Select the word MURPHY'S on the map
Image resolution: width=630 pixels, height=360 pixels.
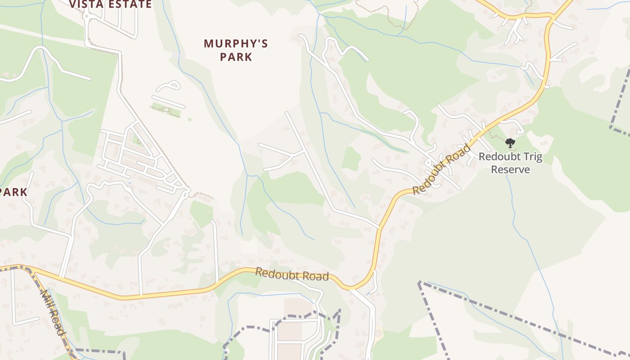pos(236,44)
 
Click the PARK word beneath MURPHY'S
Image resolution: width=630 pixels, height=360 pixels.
pos(236,57)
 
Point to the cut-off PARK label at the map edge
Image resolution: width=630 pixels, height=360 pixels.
pos(13,192)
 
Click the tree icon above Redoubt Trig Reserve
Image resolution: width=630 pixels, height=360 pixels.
pos(510,143)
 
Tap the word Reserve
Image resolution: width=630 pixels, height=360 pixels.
pos(510,170)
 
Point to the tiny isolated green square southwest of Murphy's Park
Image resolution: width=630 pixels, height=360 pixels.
pos(189,119)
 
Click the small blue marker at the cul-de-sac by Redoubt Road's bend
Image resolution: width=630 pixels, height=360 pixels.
pos(369,293)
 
